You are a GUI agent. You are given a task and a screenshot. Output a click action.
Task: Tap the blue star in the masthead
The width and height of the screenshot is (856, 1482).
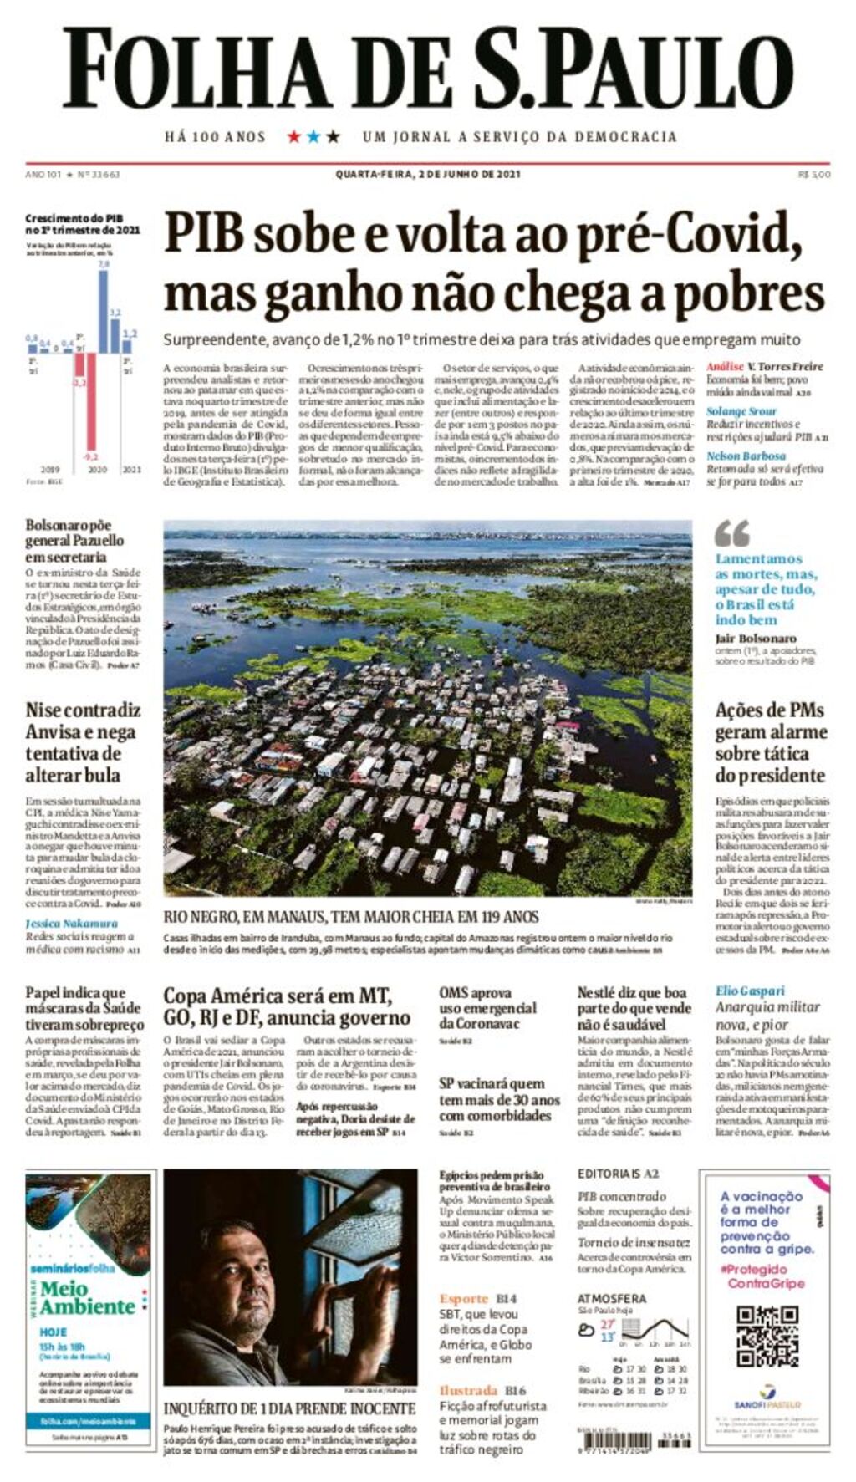(x=313, y=136)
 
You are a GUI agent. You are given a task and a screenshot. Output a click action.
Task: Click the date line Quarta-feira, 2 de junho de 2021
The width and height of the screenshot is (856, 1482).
(x=428, y=174)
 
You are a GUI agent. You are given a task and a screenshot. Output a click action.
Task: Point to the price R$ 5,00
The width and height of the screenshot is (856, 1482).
(x=814, y=174)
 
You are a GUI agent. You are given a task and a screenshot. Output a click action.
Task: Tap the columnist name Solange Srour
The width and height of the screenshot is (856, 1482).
(x=741, y=411)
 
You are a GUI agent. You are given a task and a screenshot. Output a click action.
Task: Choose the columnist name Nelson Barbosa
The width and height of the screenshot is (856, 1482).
(x=746, y=456)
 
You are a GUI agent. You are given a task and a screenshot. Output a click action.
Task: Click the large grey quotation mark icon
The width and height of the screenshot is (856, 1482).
(x=732, y=533)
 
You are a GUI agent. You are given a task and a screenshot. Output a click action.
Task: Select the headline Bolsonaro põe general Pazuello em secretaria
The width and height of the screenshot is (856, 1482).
(x=75, y=541)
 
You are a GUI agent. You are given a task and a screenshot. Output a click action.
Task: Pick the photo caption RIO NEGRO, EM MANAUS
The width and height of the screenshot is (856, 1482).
(x=351, y=916)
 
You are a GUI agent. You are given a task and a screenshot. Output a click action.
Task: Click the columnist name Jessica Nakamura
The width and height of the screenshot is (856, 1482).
(x=71, y=924)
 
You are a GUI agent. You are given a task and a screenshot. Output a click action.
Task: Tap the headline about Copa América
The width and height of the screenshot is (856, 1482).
(x=286, y=1006)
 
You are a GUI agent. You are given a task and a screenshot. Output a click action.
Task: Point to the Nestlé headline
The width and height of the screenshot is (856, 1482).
(x=634, y=1007)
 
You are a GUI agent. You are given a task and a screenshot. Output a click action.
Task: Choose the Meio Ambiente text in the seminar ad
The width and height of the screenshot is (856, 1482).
(x=87, y=1297)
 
